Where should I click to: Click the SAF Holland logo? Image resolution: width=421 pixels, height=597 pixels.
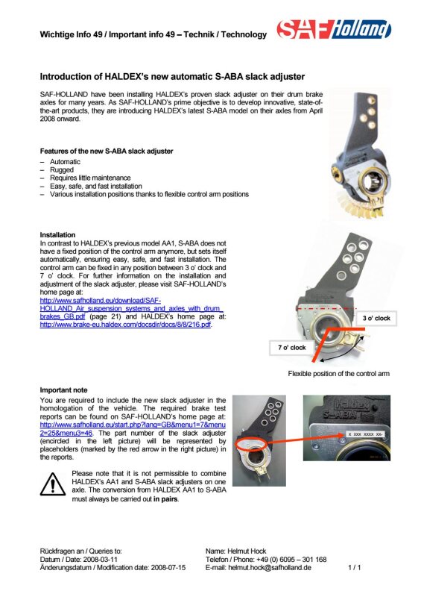click(334, 29)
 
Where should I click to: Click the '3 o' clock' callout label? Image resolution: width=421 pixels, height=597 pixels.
click(376, 319)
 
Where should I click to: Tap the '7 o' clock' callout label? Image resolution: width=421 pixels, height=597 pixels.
click(291, 348)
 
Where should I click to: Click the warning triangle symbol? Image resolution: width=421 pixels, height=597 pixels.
click(53, 484)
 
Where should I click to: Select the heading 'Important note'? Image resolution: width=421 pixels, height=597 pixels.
click(63, 390)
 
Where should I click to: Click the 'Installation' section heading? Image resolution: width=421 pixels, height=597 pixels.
click(57, 235)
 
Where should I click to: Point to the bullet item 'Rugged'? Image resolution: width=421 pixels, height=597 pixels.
click(62, 170)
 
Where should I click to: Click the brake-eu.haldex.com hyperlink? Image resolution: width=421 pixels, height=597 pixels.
click(125, 325)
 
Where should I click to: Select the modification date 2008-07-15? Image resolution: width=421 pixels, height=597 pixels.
click(168, 568)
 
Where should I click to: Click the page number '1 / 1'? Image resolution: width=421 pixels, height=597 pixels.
click(355, 568)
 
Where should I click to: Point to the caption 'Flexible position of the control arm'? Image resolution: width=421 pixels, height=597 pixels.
click(338, 374)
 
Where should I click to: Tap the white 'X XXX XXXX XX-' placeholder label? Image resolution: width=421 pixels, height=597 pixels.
click(365, 434)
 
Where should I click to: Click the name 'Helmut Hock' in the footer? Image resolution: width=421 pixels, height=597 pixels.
click(247, 551)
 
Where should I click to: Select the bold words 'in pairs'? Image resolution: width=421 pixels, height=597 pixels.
click(165, 498)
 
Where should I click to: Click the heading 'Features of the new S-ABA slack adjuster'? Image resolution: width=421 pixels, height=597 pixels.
click(107, 151)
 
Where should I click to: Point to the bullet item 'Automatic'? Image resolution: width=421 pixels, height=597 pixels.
click(65, 162)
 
